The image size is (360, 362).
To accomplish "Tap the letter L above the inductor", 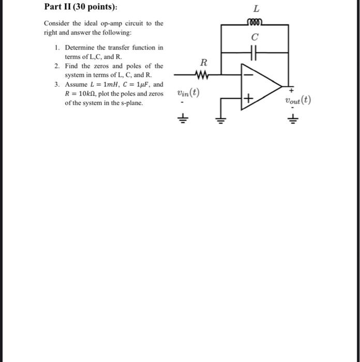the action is [x=256, y=9].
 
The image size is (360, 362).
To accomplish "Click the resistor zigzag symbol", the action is [x=203, y=76].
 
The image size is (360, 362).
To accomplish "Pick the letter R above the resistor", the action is [x=203, y=63].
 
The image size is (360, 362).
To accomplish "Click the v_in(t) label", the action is [x=188, y=94].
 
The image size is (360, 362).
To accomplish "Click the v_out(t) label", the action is [x=297, y=100].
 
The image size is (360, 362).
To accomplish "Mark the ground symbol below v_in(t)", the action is [x=182, y=119].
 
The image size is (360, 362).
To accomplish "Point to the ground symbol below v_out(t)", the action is [x=293, y=119].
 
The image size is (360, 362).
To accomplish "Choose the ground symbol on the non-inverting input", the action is [x=221, y=121].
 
